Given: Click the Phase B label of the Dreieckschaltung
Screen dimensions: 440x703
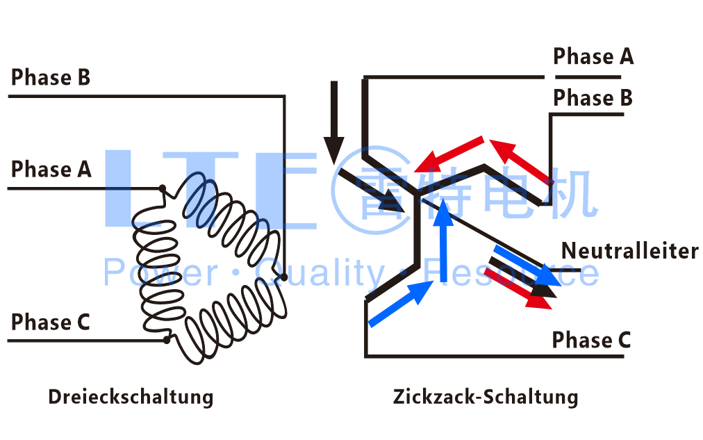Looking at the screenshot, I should tap(51, 77).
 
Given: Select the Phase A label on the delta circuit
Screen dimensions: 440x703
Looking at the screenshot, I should tap(51, 169).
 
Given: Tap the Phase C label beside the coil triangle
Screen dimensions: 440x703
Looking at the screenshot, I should tap(51, 323).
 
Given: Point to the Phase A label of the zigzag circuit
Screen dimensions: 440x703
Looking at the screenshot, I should tap(593, 56).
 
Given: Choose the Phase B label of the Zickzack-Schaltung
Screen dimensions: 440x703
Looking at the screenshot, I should tap(593, 99).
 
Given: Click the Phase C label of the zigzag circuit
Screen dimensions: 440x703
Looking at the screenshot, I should tap(591, 341).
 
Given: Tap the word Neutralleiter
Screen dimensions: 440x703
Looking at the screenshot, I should tap(629, 250).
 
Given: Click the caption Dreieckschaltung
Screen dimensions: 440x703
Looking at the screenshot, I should tap(131, 397).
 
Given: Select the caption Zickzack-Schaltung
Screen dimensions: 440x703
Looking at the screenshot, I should tap(485, 397).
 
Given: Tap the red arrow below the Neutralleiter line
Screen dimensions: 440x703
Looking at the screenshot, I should tap(514, 287).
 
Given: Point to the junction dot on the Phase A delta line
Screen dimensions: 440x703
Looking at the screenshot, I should tap(162, 188).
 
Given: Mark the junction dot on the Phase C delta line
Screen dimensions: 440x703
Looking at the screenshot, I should tap(166, 340).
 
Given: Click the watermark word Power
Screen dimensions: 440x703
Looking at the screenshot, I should tap(160, 273).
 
